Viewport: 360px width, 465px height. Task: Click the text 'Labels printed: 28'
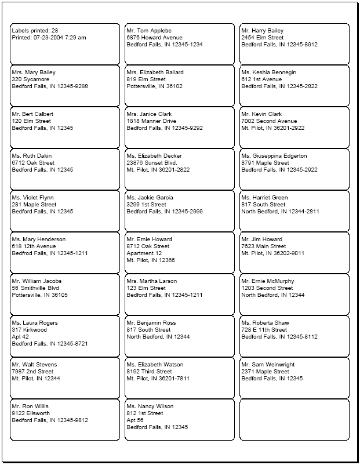click(35, 31)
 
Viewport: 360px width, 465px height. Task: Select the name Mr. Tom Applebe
click(149, 31)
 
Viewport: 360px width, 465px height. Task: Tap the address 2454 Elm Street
click(263, 38)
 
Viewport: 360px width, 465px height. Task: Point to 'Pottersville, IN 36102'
click(154, 86)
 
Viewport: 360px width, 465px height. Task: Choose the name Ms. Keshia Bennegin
click(268, 72)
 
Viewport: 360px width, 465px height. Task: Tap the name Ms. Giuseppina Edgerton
click(274, 156)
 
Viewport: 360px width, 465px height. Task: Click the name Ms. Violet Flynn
click(32, 198)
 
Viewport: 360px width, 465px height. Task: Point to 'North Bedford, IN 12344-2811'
click(280, 212)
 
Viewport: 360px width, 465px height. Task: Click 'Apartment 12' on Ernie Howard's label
click(144, 253)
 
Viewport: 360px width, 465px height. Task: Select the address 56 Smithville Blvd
click(35, 288)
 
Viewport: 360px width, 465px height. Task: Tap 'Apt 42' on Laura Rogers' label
click(21, 337)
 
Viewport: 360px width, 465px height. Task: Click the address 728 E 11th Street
click(264, 330)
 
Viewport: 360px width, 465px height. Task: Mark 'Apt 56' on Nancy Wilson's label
click(136, 420)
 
